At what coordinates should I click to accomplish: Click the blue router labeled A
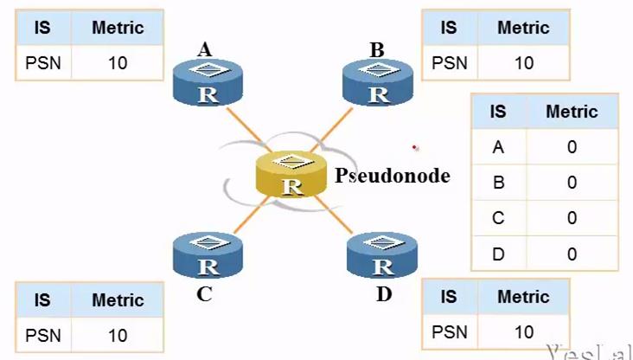click(x=208, y=83)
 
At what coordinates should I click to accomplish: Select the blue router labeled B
click(x=377, y=83)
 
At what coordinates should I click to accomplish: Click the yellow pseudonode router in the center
click(x=293, y=173)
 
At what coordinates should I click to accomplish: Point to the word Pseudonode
click(x=393, y=176)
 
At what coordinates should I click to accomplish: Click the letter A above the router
click(x=205, y=49)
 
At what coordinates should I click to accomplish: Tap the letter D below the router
click(x=384, y=294)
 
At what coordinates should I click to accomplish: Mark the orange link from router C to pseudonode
click(x=251, y=215)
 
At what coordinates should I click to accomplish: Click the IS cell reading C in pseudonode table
click(x=498, y=217)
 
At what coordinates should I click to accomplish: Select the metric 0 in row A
click(x=572, y=147)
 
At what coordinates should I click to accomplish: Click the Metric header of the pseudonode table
click(x=572, y=112)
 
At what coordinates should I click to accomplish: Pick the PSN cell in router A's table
click(x=42, y=63)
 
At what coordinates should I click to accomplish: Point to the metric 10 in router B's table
click(x=523, y=63)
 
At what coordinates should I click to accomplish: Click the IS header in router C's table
click(x=42, y=300)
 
